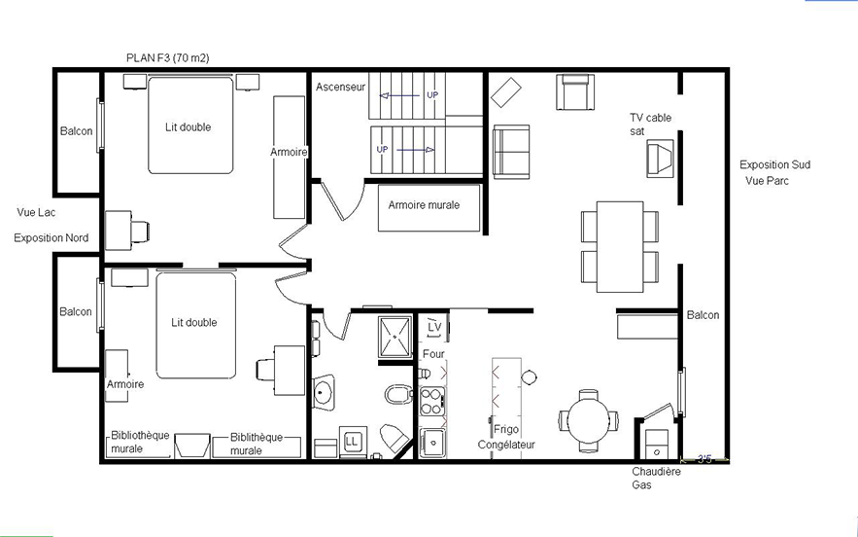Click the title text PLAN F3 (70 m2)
[x=167, y=57]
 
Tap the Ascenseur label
[x=340, y=87]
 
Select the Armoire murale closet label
[x=424, y=205]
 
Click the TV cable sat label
[x=650, y=125]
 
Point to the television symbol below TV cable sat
[x=660, y=159]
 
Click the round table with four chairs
[x=588, y=421]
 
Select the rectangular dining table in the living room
[x=619, y=247]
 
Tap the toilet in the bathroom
[x=399, y=394]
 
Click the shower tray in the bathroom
[x=395, y=337]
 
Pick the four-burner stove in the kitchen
[x=432, y=401]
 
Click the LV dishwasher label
[x=434, y=327]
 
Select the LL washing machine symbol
[x=352, y=441]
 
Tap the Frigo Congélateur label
[x=506, y=437]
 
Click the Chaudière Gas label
[x=656, y=478]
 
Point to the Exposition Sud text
[x=774, y=164]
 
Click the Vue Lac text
[x=36, y=212]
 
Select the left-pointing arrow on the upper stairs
[x=399, y=95]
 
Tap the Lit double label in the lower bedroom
[x=193, y=322]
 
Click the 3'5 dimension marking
[x=704, y=459]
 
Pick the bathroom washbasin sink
[x=324, y=392]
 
